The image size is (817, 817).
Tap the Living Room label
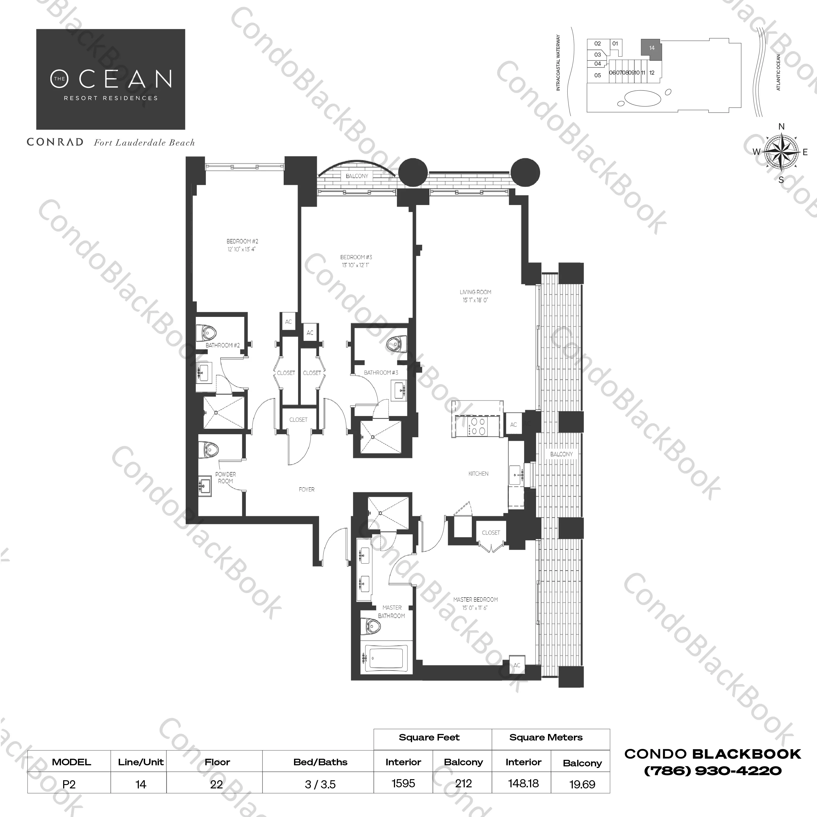(475, 292)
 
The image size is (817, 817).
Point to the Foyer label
(307, 489)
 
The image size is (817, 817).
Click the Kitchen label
(478, 474)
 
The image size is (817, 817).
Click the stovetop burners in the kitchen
(479, 426)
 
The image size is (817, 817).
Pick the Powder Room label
(225, 478)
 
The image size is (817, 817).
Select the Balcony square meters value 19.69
(582, 784)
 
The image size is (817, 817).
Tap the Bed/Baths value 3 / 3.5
(320, 784)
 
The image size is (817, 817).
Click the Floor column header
(217, 762)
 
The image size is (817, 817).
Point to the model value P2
(69, 784)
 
